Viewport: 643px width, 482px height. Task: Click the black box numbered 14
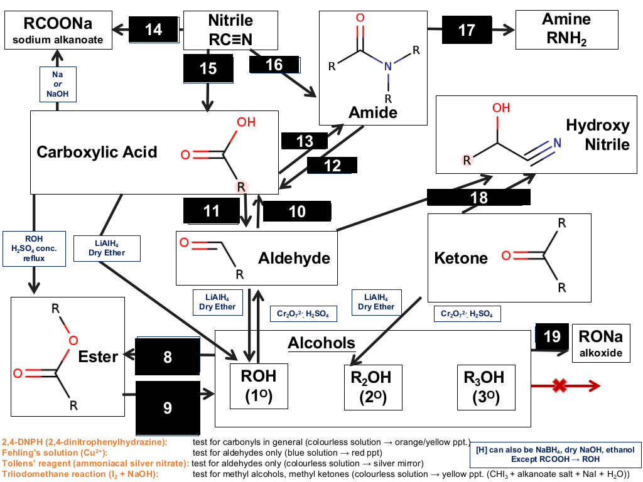tap(154, 29)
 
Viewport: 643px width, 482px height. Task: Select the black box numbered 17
tap(467, 29)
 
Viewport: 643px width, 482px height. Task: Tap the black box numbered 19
tap(552, 336)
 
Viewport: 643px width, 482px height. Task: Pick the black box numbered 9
tap(168, 408)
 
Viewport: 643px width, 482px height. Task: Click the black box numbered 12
tap(332, 166)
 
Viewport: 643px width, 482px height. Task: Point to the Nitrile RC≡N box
tap(230, 30)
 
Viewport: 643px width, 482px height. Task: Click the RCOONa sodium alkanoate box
tap(58, 30)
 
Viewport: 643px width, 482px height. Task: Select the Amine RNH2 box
tap(567, 30)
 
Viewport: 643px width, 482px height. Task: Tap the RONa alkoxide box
tap(601, 343)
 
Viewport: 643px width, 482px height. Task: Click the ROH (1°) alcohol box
tap(259, 386)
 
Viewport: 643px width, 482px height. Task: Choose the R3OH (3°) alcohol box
tap(486, 387)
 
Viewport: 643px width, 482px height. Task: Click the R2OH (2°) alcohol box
tap(373, 387)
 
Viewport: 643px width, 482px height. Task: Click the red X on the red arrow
tap(559, 385)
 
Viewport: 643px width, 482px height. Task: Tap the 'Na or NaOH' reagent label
tap(58, 84)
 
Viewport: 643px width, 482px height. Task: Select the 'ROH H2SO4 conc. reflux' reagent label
tap(34, 249)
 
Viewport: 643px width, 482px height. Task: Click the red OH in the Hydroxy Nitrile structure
tap(501, 108)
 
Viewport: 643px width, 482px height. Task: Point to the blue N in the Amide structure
tap(388, 67)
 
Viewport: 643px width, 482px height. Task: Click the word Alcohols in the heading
tap(321, 343)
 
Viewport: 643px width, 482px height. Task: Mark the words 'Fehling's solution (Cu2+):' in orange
tap(55, 453)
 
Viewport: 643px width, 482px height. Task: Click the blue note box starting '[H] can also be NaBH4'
tap(555, 454)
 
